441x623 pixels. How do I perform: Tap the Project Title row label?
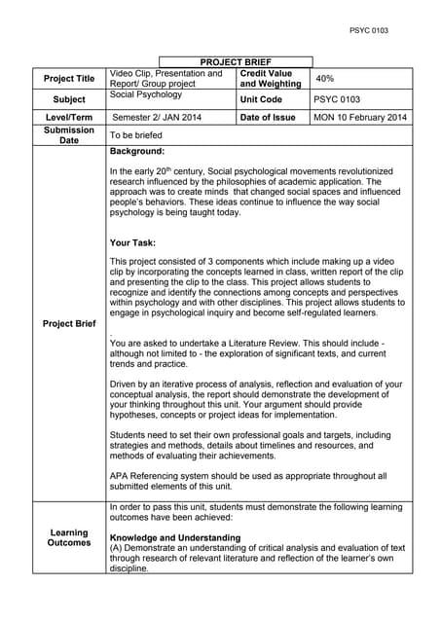click(x=69, y=79)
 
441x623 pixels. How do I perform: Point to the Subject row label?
click(x=69, y=99)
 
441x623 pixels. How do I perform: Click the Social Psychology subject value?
click(x=146, y=94)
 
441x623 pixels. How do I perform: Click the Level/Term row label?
click(x=69, y=118)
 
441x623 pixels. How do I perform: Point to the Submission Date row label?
click(x=69, y=135)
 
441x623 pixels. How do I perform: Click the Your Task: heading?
click(x=133, y=243)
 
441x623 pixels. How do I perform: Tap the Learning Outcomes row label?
click(x=69, y=537)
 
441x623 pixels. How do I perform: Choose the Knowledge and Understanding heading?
click(x=175, y=537)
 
